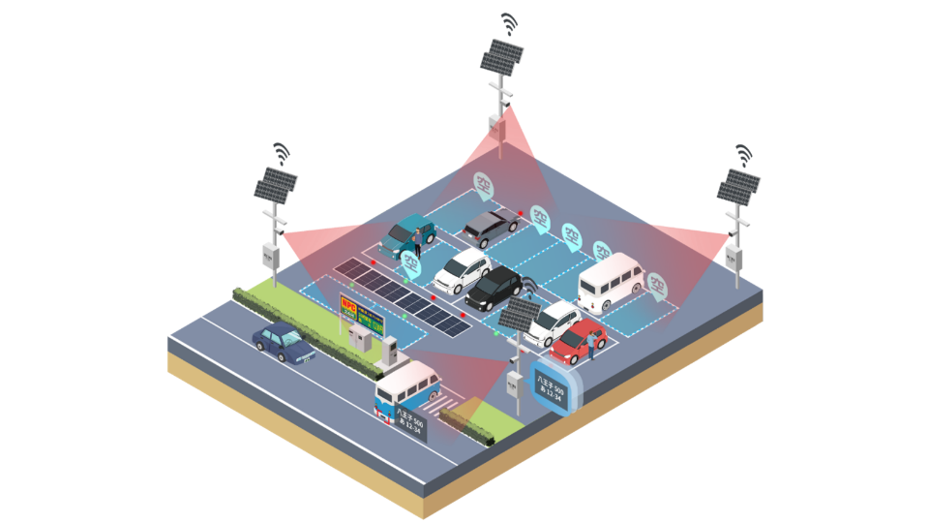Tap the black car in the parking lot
coord(494,287)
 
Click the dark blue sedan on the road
coord(284,341)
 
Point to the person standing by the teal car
coord(418,237)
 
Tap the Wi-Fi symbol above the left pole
coord(281,152)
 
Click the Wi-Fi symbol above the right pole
coord(743,154)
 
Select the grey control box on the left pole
coord(270,255)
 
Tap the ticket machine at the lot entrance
coord(391,351)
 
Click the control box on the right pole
coord(734,259)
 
